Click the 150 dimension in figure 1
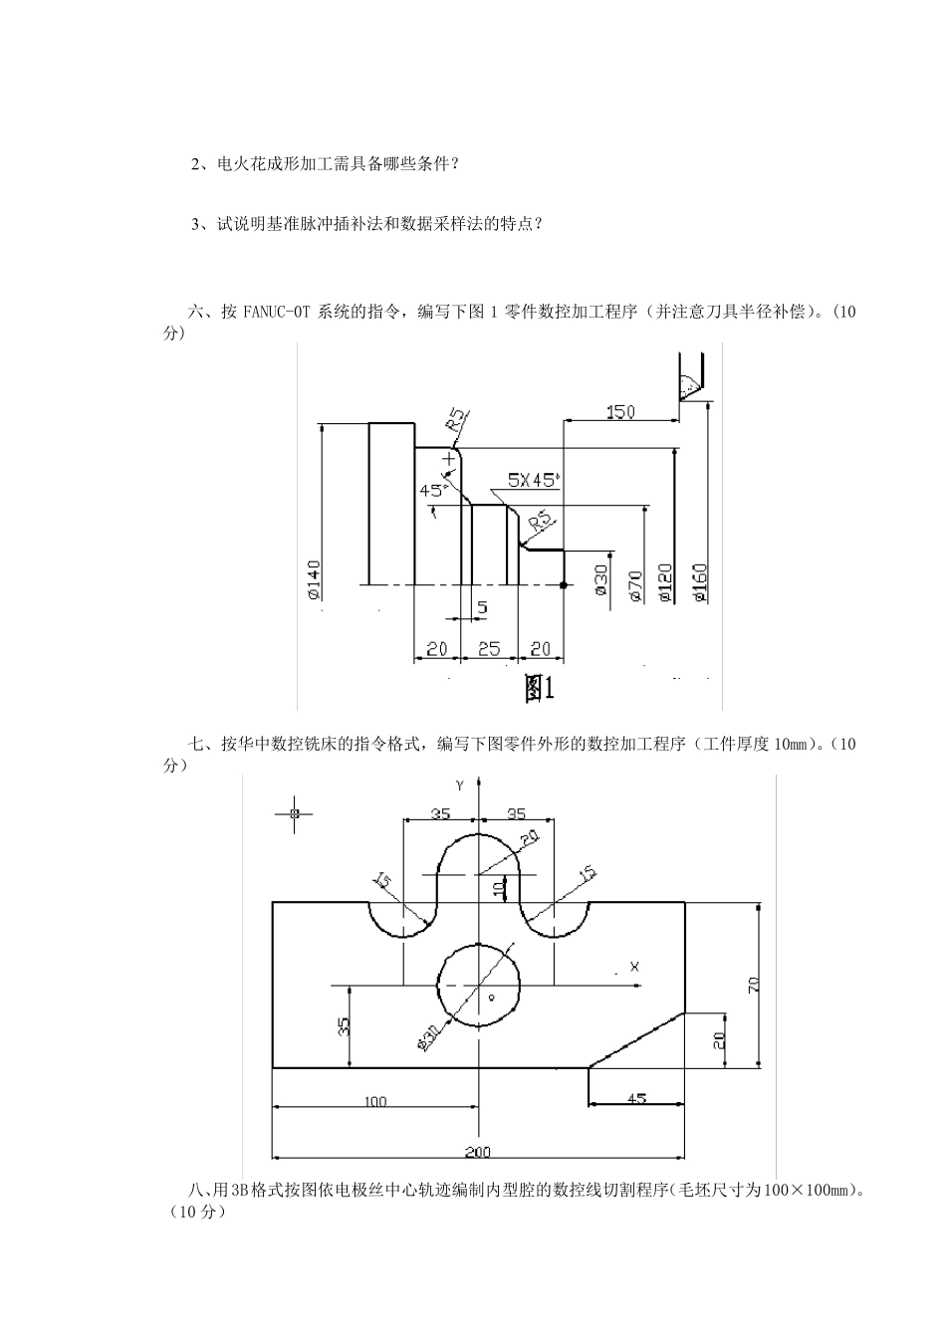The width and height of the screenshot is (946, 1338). click(x=619, y=411)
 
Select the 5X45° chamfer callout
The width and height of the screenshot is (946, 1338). click(x=533, y=480)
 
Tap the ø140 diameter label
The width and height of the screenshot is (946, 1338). click(x=314, y=579)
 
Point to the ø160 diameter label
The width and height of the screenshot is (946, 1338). click(x=699, y=582)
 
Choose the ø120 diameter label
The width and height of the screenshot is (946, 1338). click(x=665, y=582)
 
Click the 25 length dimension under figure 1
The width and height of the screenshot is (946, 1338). click(x=488, y=649)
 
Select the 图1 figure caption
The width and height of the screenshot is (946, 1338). click(x=539, y=689)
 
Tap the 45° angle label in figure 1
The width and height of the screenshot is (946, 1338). click(x=432, y=490)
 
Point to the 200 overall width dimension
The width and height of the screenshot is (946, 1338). click(x=478, y=1152)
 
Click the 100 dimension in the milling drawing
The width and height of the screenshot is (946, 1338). click(x=375, y=1101)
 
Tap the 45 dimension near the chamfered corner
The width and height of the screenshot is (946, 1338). click(x=636, y=1098)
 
